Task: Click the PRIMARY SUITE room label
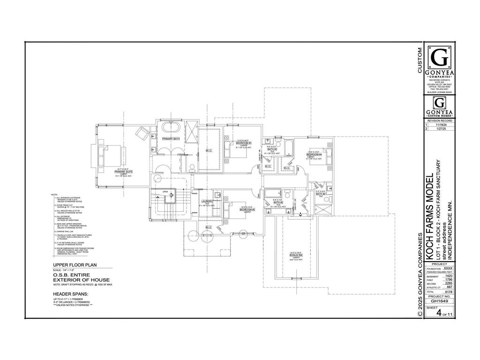pyautogui.click(x=123, y=172)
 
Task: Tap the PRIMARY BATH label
pyautogui.click(x=171, y=139)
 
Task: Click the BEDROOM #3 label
pyautogui.click(x=244, y=143)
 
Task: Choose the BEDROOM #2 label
pyautogui.click(x=247, y=209)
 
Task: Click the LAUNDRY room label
pyautogui.click(x=207, y=202)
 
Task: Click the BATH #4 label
pyautogui.click(x=321, y=194)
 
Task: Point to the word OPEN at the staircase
pyautogui.click(x=165, y=191)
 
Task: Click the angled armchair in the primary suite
pyautogui.click(x=142, y=132)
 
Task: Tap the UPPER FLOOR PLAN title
pyautogui.click(x=75, y=265)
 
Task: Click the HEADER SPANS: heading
pyautogui.click(x=70, y=294)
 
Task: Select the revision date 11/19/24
pyautogui.click(x=441, y=125)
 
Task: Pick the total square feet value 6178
pyautogui.click(x=448, y=292)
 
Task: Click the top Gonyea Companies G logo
pyautogui.click(x=440, y=60)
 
